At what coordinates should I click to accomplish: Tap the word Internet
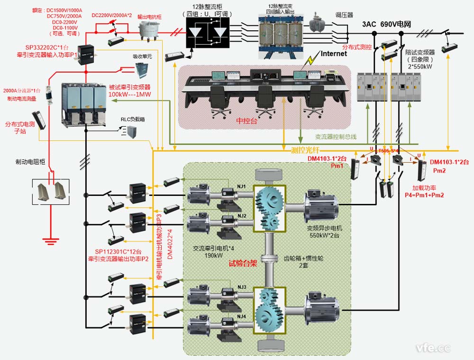coord(334,54)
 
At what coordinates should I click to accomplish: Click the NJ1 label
coord(242,186)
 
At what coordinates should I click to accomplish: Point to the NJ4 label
coord(242,316)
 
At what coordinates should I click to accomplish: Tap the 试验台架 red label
coord(243,264)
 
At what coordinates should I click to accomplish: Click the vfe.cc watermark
coord(432,348)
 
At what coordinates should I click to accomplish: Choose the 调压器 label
coord(344,15)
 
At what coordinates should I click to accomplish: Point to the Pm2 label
coord(439,170)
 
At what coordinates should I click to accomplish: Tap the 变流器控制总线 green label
coord(336,137)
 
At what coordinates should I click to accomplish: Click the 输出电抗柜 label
coord(149,17)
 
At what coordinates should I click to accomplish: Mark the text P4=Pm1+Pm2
coord(421,194)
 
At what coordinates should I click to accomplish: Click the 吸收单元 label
coord(142,56)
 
